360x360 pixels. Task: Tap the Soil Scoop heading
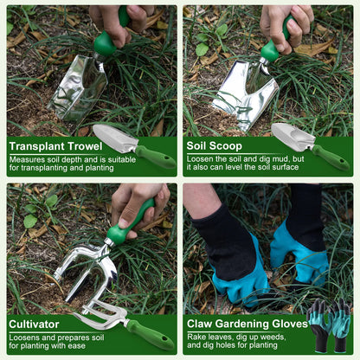[x=215, y=145]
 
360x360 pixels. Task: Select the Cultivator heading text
[x=35, y=324]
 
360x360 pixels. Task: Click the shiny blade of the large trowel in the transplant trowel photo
[x=79, y=87]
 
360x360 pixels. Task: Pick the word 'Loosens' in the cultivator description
[x=26, y=337]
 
